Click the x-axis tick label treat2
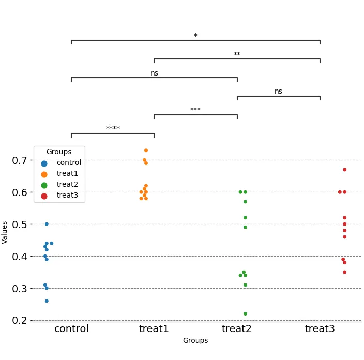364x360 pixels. (x=237, y=329)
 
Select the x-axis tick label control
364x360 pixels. (x=71, y=329)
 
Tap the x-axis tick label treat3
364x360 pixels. (x=320, y=329)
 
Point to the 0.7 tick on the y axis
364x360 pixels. (x=20, y=160)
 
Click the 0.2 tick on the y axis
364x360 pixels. (x=20, y=321)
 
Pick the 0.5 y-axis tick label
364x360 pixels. (x=20, y=224)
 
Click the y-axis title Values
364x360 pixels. (x=5, y=232)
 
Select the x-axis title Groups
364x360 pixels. (x=195, y=341)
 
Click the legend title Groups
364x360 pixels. (x=59, y=152)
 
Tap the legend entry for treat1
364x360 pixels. (x=67, y=174)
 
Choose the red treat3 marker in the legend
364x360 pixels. (x=44, y=196)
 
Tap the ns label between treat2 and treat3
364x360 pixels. (x=278, y=92)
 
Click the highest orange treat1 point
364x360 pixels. (x=146, y=151)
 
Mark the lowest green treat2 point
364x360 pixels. (x=245, y=314)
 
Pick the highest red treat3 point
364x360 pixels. (x=344, y=170)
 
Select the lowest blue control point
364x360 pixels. (x=47, y=301)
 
